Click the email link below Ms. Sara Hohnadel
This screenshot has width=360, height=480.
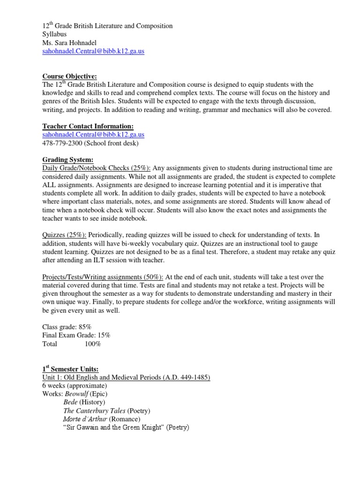tap(93, 51)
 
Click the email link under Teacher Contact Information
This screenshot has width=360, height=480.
tap(93, 135)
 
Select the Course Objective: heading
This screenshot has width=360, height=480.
tap(70, 76)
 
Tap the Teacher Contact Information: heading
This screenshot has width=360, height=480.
tap(88, 126)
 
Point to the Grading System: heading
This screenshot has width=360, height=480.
tap(68, 159)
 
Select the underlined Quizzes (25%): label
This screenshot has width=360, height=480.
tap(64, 235)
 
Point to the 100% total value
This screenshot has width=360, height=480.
tap(92, 344)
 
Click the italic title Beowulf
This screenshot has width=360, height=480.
tap(75, 394)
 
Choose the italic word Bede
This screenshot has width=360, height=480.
tap(70, 403)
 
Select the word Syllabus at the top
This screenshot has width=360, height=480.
tap(54, 34)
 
